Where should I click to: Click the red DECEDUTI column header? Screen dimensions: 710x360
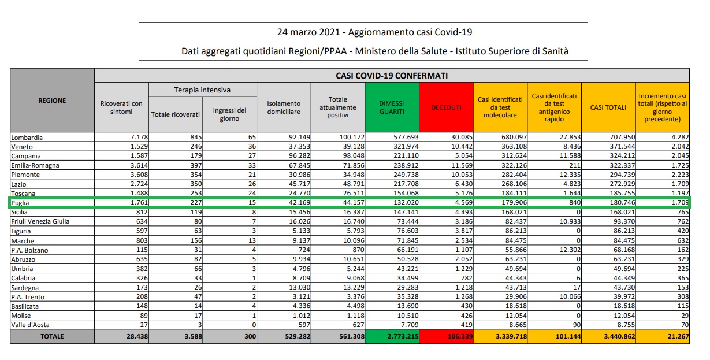coord(446,107)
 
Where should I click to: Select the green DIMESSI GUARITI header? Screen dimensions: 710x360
coord(392,107)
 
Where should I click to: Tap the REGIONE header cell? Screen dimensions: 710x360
coord(53,101)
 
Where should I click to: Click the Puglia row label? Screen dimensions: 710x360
coord(20,203)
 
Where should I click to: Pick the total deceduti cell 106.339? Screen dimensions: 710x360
coord(460,336)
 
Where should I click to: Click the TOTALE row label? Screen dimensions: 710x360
coord(53,336)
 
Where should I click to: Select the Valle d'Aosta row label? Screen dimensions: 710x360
coord(30,325)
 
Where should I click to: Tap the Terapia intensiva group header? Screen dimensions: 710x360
coord(202,90)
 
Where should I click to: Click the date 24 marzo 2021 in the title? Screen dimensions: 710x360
coord(308,32)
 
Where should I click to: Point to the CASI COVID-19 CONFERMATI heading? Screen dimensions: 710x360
coord(392,76)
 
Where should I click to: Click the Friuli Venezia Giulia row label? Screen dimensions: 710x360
coord(40,221)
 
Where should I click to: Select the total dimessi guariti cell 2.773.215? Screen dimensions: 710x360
coord(403,336)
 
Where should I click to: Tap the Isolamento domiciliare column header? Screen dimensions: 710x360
coord(284,107)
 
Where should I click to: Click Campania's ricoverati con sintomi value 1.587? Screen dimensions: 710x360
coord(139,156)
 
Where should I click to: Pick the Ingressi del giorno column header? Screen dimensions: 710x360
coord(229,114)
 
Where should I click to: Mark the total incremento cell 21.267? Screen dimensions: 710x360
coord(678,336)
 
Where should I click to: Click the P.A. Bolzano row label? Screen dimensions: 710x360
coord(29,250)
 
